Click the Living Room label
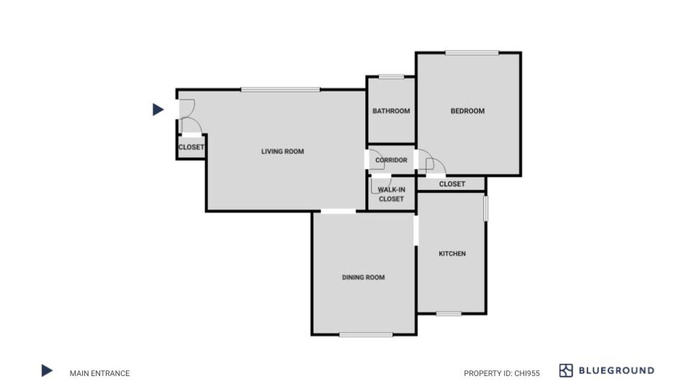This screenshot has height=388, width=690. pyautogui.click(x=282, y=152)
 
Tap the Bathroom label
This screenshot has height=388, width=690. pyautogui.click(x=391, y=111)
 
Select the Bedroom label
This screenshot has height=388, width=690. pyautogui.click(x=467, y=111)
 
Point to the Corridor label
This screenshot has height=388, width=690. pyautogui.click(x=391, y=160)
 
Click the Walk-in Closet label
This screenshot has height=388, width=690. pyautogui.click(x=391, y=194)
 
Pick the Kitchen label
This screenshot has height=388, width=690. pyautogui.click(x=452, y=254)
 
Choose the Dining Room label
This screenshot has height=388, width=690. pyautogui.click(x=363, y=277)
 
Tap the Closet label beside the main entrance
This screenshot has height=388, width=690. pyautogui.click(x=191, y=147)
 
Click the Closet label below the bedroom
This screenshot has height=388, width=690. pyautogui.click(x=452, y=184)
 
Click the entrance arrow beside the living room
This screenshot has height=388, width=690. pyautogui.click(x=158, y=109)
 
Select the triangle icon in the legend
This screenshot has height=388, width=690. pyautogui.click(x=46, y=371)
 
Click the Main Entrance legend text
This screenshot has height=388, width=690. pyautogui.click(x=99, y=373)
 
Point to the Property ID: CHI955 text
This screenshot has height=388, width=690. pyautogui.click(x=502, y=373)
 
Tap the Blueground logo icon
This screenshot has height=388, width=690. pyautogui.click(x=566, y=371)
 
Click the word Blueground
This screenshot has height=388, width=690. pyautogui.click(x=616, y=371)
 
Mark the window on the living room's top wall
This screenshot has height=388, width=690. pyautogui.click(x=280, y=90)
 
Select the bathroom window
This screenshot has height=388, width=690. pyautogui.click(x=391, y=77)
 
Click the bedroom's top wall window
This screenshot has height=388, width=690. pyautogui.click(x=472, y=53)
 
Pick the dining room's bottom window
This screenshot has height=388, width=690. pyautogui.click(x=365, y=335)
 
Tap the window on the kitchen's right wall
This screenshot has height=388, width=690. pyautogui.click(x=486, y=208)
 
